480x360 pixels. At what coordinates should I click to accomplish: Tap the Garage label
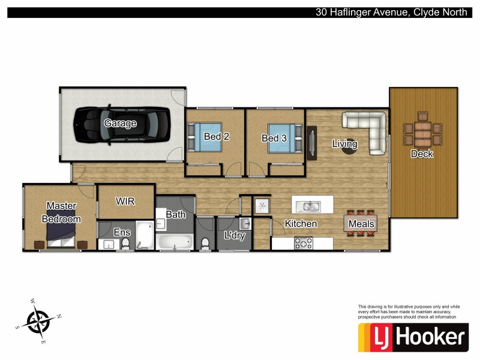[x=120, y=124]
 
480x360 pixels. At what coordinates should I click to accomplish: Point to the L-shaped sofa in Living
[x=367, y=130]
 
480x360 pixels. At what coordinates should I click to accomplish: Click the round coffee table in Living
[x=349, y=146]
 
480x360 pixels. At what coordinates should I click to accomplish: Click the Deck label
[x=422, y=154]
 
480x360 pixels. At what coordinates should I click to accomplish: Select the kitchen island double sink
[x=311, y=207]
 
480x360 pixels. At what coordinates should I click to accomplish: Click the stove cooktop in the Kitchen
[x=302, y=243]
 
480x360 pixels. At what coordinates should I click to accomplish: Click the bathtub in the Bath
[x=174, y=242]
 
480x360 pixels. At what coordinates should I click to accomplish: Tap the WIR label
[x=125, y=202]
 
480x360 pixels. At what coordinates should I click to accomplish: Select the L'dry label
[x=234, y=236]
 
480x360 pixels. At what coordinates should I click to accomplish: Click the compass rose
[x=39, y=322]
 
